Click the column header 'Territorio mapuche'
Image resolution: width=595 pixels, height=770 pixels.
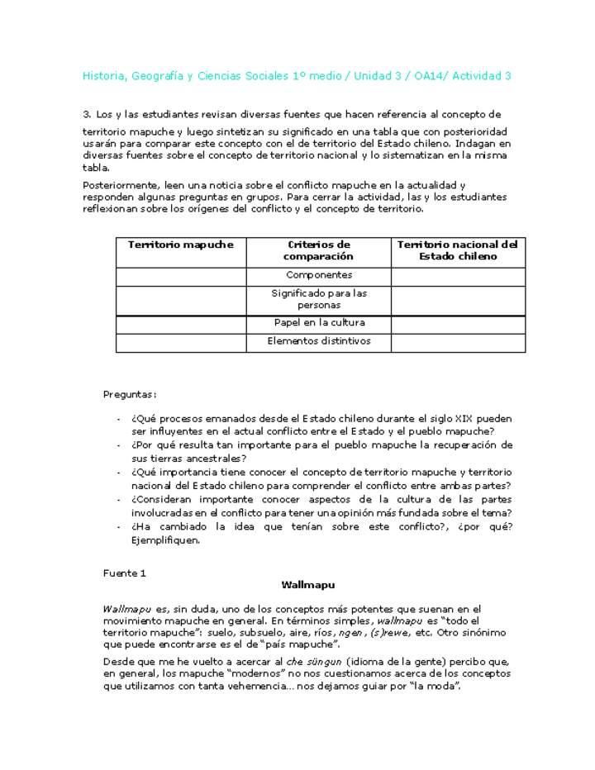pos(181,245)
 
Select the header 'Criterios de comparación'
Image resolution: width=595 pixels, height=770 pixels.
pos(318,250)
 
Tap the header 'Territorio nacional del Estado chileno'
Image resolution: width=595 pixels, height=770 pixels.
pos(457,250)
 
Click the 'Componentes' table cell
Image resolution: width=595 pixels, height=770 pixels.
pos(318,275)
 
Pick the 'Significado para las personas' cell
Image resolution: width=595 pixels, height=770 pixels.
pos(318,299)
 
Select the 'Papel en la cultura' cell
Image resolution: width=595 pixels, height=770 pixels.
pos(318,323)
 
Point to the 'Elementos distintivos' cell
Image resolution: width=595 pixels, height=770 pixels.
pos(318,341)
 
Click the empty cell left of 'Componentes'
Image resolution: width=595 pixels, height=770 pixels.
pos(181,275)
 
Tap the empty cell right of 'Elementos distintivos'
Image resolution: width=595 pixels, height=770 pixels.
pos(457,341)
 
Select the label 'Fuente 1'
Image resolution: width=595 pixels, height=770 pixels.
pos(124,573)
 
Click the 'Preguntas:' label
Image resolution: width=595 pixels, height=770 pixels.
pos(130,395)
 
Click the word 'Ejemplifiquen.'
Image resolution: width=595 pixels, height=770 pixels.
pos(165,541)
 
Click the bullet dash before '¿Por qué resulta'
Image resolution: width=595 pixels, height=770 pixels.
pos(119,445)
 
